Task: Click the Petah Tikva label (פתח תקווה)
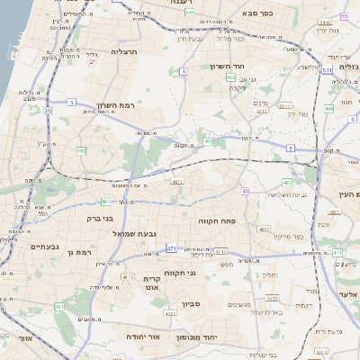tap(216, 220)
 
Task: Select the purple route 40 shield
tap(245, 191)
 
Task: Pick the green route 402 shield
tap(232, 78)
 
